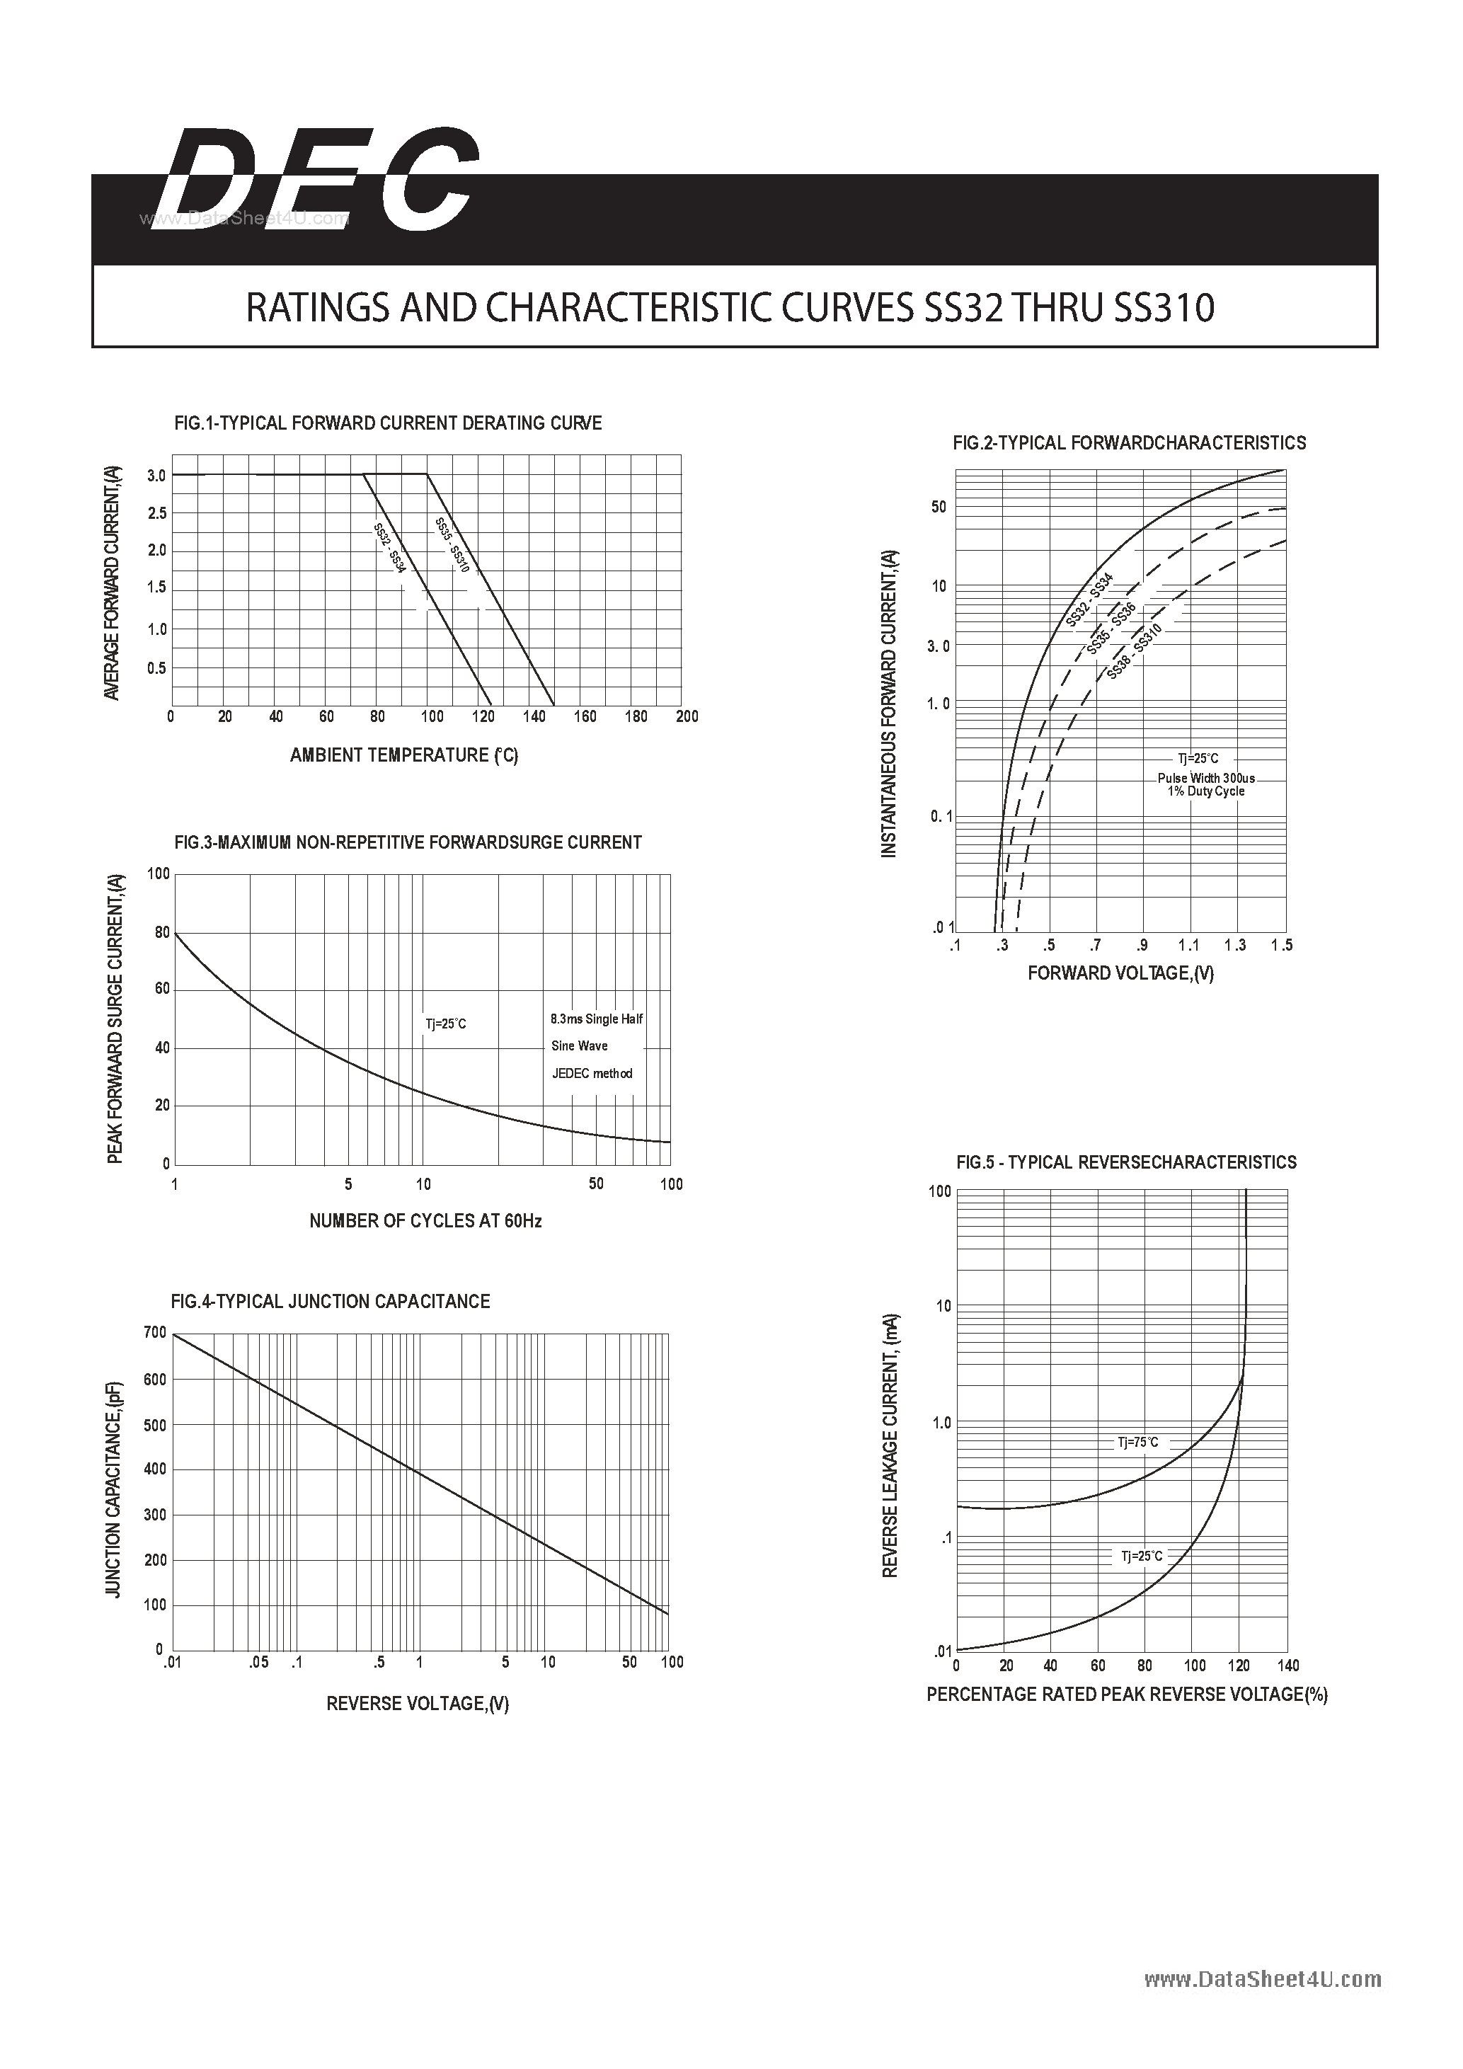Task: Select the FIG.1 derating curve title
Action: coord(387,423)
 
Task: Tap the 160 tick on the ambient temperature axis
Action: coord(585,716)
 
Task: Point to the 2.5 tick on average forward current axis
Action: coord(156,514)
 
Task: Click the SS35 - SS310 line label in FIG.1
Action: coord(452,545)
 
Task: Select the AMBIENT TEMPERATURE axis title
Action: coord(403,755)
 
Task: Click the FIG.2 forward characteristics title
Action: coord(1129,443)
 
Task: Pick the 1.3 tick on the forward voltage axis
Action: coord(1235,945)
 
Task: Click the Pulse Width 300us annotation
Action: coord(1205,778)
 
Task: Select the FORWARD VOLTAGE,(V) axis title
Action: coord(1120,973)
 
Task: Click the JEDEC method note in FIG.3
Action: coord(592,1073)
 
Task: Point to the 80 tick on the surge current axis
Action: coord(162,933)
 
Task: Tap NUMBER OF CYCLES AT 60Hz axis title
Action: coord(425,1221)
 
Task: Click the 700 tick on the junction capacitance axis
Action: coord(155,1332)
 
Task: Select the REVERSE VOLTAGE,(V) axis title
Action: coord(417,1703)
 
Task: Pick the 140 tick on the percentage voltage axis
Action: coord(1287,1666)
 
